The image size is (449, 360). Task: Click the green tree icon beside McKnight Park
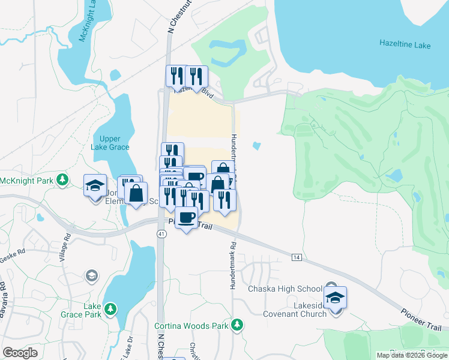tap(62, 179)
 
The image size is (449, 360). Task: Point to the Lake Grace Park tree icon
tap(110, 309)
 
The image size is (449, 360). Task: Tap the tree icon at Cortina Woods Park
tap(238, 325)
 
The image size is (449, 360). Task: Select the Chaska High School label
tap(286, 289)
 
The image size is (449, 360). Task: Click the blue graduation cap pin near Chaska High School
tap(335, 297)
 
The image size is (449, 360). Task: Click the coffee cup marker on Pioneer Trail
tap(187, 217)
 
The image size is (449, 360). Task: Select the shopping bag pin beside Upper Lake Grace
tap(136, 193)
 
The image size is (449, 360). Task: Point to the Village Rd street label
tap(62, 260)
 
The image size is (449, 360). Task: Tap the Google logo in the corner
tap(20, 352)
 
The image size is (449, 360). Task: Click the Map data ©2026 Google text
tap(412, 355)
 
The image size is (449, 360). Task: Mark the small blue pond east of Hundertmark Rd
tap(258, 146)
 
